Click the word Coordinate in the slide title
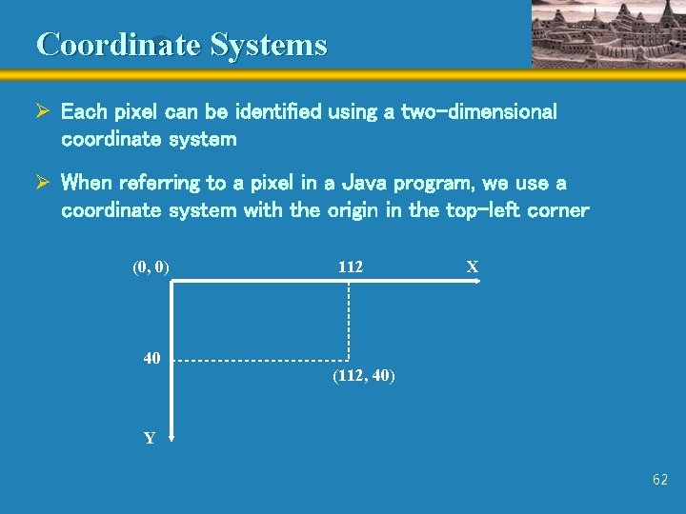118,45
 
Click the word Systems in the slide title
268,45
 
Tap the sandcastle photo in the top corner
606,33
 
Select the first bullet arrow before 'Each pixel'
43,112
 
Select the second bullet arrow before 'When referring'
43,183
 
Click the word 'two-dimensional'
478,112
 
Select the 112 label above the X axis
350,267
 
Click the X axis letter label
472,267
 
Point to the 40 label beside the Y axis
151,359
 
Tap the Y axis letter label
150,439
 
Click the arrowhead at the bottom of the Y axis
171,439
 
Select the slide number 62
660,481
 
